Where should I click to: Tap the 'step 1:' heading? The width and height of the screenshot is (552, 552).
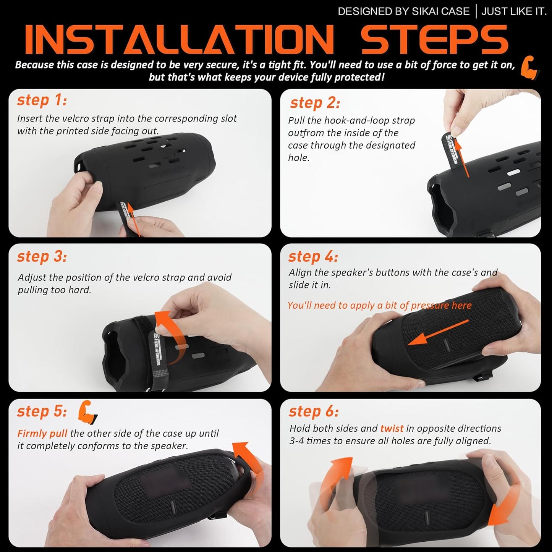42,100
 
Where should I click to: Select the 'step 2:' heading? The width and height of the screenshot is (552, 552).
315,103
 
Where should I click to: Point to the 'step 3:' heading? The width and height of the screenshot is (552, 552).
42,256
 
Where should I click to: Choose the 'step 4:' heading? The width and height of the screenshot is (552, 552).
313,256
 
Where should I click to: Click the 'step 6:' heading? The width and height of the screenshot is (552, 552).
314,411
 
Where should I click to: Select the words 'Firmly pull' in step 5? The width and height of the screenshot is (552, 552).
42,434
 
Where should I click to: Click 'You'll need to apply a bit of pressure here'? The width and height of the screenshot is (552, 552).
379,305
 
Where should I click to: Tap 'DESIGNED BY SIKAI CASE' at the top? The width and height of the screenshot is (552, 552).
403,11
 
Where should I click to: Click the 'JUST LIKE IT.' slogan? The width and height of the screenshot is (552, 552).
513,11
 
